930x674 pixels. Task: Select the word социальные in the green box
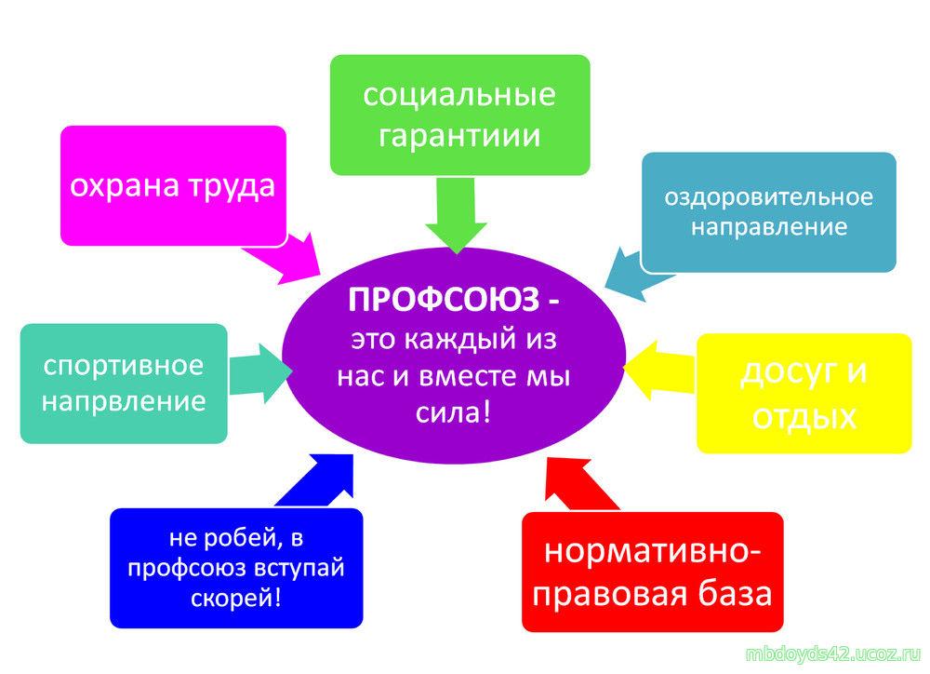459,95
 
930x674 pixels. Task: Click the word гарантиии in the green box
459,136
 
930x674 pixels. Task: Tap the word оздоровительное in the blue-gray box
768,197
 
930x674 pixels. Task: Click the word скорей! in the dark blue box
237,596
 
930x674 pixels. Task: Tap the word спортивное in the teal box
123,364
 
